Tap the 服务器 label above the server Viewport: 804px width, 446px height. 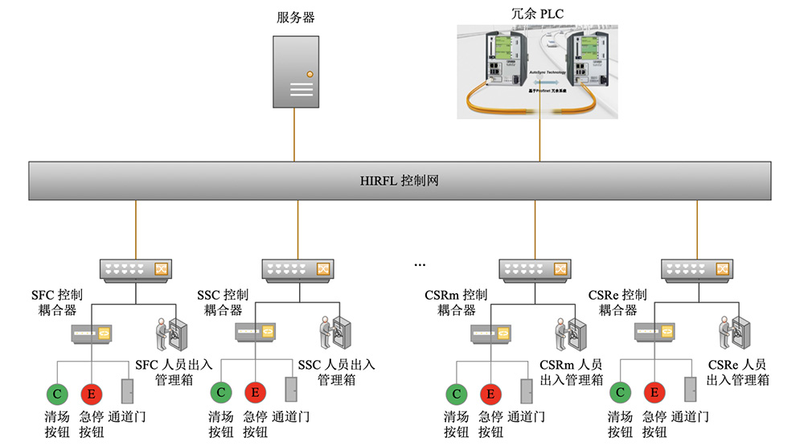[x=293, y=18]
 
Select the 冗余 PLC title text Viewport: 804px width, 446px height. [x=538, y=14]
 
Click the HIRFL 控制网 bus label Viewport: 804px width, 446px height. [x=399, y=182]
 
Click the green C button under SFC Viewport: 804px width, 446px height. [x=57, y=393]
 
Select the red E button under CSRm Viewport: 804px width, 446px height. [x=490, y=393]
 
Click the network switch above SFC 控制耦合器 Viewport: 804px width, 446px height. [x=136, y=269]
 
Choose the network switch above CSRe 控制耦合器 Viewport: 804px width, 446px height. [x=697, y=269]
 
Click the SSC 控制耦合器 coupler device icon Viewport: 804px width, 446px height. [x=256, y=331]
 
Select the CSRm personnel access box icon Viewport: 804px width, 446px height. [x=572, y=333]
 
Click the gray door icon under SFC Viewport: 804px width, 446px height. [x=127, y=391]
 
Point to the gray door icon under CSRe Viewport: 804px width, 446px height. [x=689, y=391]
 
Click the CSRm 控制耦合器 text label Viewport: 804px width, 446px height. [x=455, y=302]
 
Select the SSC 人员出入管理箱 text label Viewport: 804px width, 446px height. [x=336, y=372]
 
